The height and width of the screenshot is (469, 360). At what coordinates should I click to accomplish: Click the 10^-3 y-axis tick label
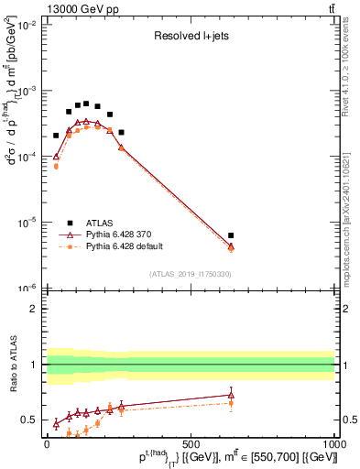point(26,92)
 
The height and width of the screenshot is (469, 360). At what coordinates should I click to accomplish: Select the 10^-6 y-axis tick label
point(26,287)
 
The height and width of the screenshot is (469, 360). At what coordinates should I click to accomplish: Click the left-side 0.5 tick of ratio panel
point(30,420)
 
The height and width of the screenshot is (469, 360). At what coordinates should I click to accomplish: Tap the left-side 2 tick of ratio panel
point(35,309)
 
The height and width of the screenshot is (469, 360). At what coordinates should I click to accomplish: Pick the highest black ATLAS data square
point(86,104)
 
